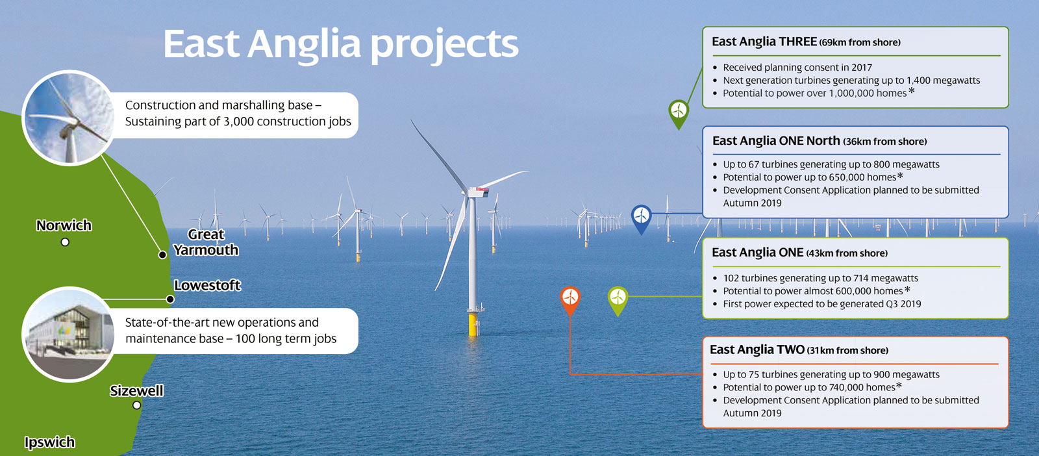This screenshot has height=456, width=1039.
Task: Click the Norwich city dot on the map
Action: click(x=65, y=242)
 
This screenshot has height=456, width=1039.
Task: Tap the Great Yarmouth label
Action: click(x=206, y=242)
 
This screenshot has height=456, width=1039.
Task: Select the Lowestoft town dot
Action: click(x=170, y=299)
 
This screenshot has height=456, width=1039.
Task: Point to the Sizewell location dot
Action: click(x=136, y=405)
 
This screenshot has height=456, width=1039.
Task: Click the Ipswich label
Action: click(x=49, y=442)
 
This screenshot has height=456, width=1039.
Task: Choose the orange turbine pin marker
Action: click(x=570, y=301)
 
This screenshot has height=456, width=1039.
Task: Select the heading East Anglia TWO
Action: click(x=757, y=349)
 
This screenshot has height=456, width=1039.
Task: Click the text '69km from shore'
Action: click(x=860, y=42)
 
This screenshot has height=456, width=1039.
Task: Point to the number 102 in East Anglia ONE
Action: click(x=731, y=278)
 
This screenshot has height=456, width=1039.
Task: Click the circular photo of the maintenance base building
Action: click(x=69, y=334)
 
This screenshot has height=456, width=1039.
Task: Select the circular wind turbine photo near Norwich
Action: click(x=69, y=118)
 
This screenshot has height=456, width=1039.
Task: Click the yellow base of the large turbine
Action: click(x=473, y=324)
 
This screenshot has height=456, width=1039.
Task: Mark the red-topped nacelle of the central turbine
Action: click(x=478, y=191)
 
